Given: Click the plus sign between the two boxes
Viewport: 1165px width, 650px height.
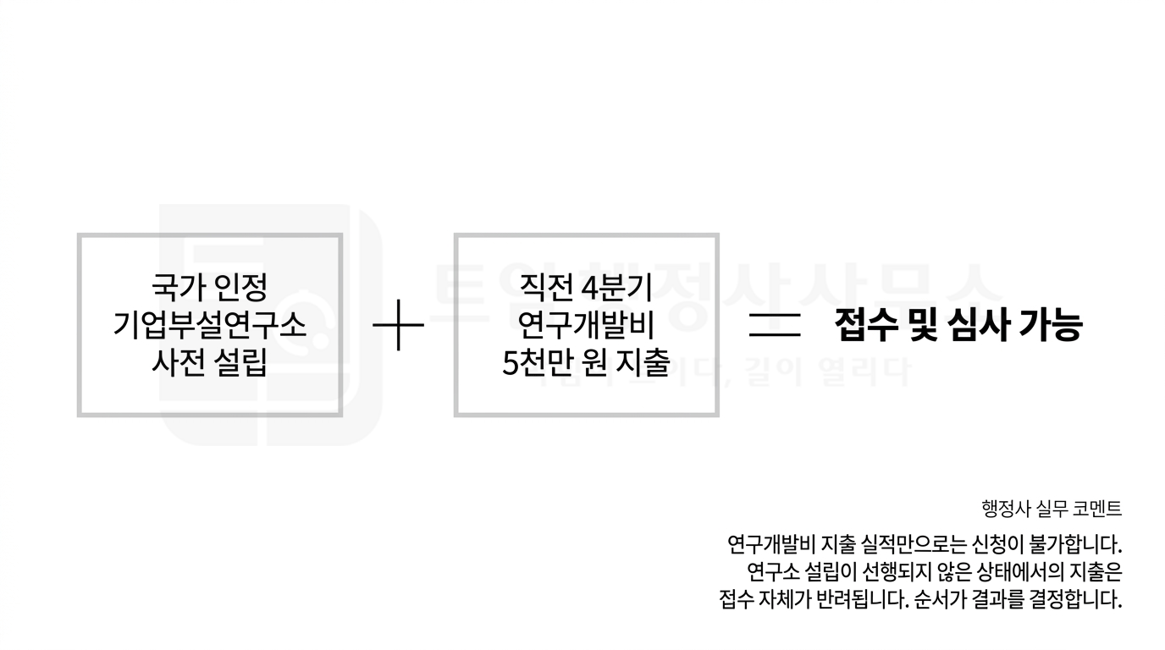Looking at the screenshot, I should pyautogui.click(x=398, y=326).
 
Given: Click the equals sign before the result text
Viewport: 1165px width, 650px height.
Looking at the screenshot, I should pyautogui.click(x=775, y=326).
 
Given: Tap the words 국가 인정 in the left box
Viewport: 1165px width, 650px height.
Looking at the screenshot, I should pyautogui.click(x=209, y=287).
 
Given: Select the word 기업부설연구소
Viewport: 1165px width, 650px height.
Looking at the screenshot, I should pyautogui.click(x=209, y=325).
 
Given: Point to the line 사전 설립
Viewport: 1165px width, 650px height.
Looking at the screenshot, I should pyautogui.click(x=209, y=363).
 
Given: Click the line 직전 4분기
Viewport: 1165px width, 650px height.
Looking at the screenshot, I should pyautogui.click(x=586, y=287).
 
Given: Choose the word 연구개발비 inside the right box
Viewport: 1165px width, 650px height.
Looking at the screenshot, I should pyautogui.click(x=586, y=325).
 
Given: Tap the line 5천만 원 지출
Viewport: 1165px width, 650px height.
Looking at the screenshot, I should pyautogui.click(x=586, y=363).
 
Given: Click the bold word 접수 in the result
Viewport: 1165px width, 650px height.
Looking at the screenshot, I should pyautogui.click(x=865, y=326).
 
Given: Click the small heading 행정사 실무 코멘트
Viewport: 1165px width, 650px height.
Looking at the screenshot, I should pyautogui.click(x=1052, y=509).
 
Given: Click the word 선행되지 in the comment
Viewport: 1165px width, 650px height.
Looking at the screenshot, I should pyautogui.click(x=858, y=571).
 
